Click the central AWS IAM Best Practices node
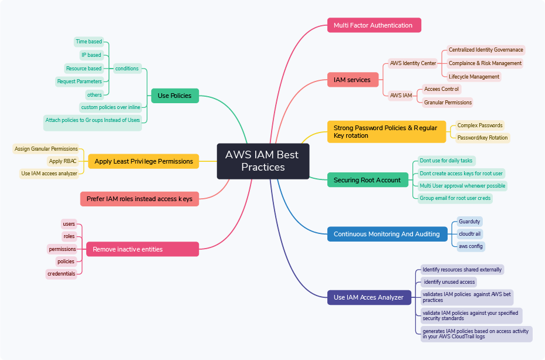click(x=263, y=161)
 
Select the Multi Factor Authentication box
click(x=374, y=25)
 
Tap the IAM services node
click(x=353, y=80)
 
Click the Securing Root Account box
click(x=368, y=179)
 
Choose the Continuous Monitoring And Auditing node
click(x=387, y=234)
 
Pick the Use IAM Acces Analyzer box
click(x=369, y=297)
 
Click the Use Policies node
click(x=175, y=96)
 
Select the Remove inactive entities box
click(x=143, y=249)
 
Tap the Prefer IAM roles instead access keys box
click(x=140, y=199)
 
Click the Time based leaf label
click(x=89, y=42)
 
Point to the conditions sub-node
click(x=127, y=69)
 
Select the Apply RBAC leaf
click(x=63, y=161)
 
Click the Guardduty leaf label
click(x=469, y=222)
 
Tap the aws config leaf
click(x=471, y=246)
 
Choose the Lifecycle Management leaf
click(x=474, y=76)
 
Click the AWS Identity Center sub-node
click(x=413, y=63)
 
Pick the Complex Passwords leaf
click(x=480, y=125)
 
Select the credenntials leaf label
click(x=61, y=274)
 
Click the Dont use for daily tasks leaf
click(x=446, y=161)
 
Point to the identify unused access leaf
click(x=449, y=282)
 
